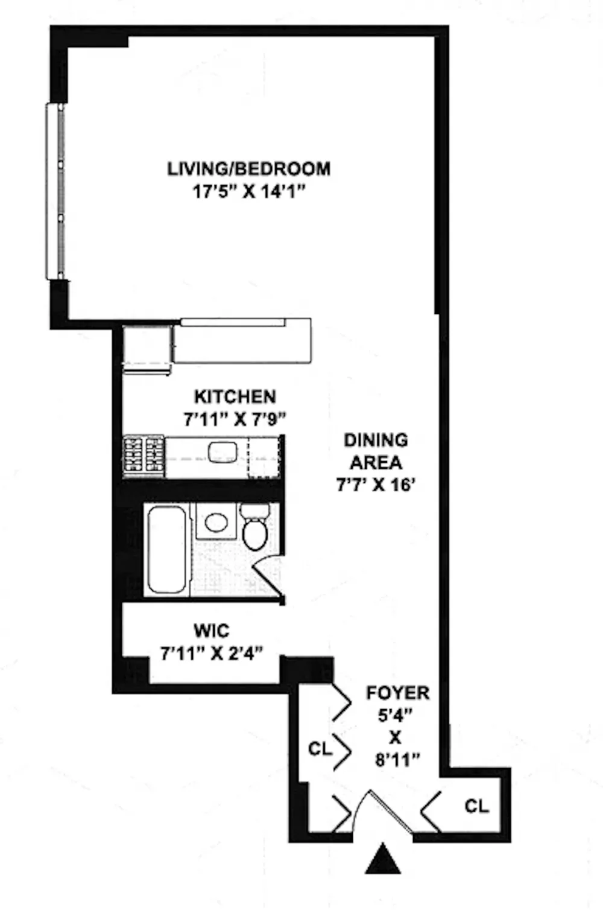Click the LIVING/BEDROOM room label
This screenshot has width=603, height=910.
(248, 169)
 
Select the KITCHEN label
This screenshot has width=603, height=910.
(235, 396)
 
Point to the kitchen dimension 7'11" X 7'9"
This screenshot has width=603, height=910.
(236, 419)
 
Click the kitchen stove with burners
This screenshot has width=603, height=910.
(144, 456)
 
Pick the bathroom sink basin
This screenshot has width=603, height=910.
(216, 523)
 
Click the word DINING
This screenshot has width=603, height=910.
(376, 441)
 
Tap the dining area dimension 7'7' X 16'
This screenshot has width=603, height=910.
(375, 485)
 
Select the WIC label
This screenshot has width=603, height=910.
(212, 631)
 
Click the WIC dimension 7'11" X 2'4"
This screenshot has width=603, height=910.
(212, 654)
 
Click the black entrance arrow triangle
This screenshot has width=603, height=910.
(382, 857)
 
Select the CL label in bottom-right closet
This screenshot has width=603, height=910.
(477, 806)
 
